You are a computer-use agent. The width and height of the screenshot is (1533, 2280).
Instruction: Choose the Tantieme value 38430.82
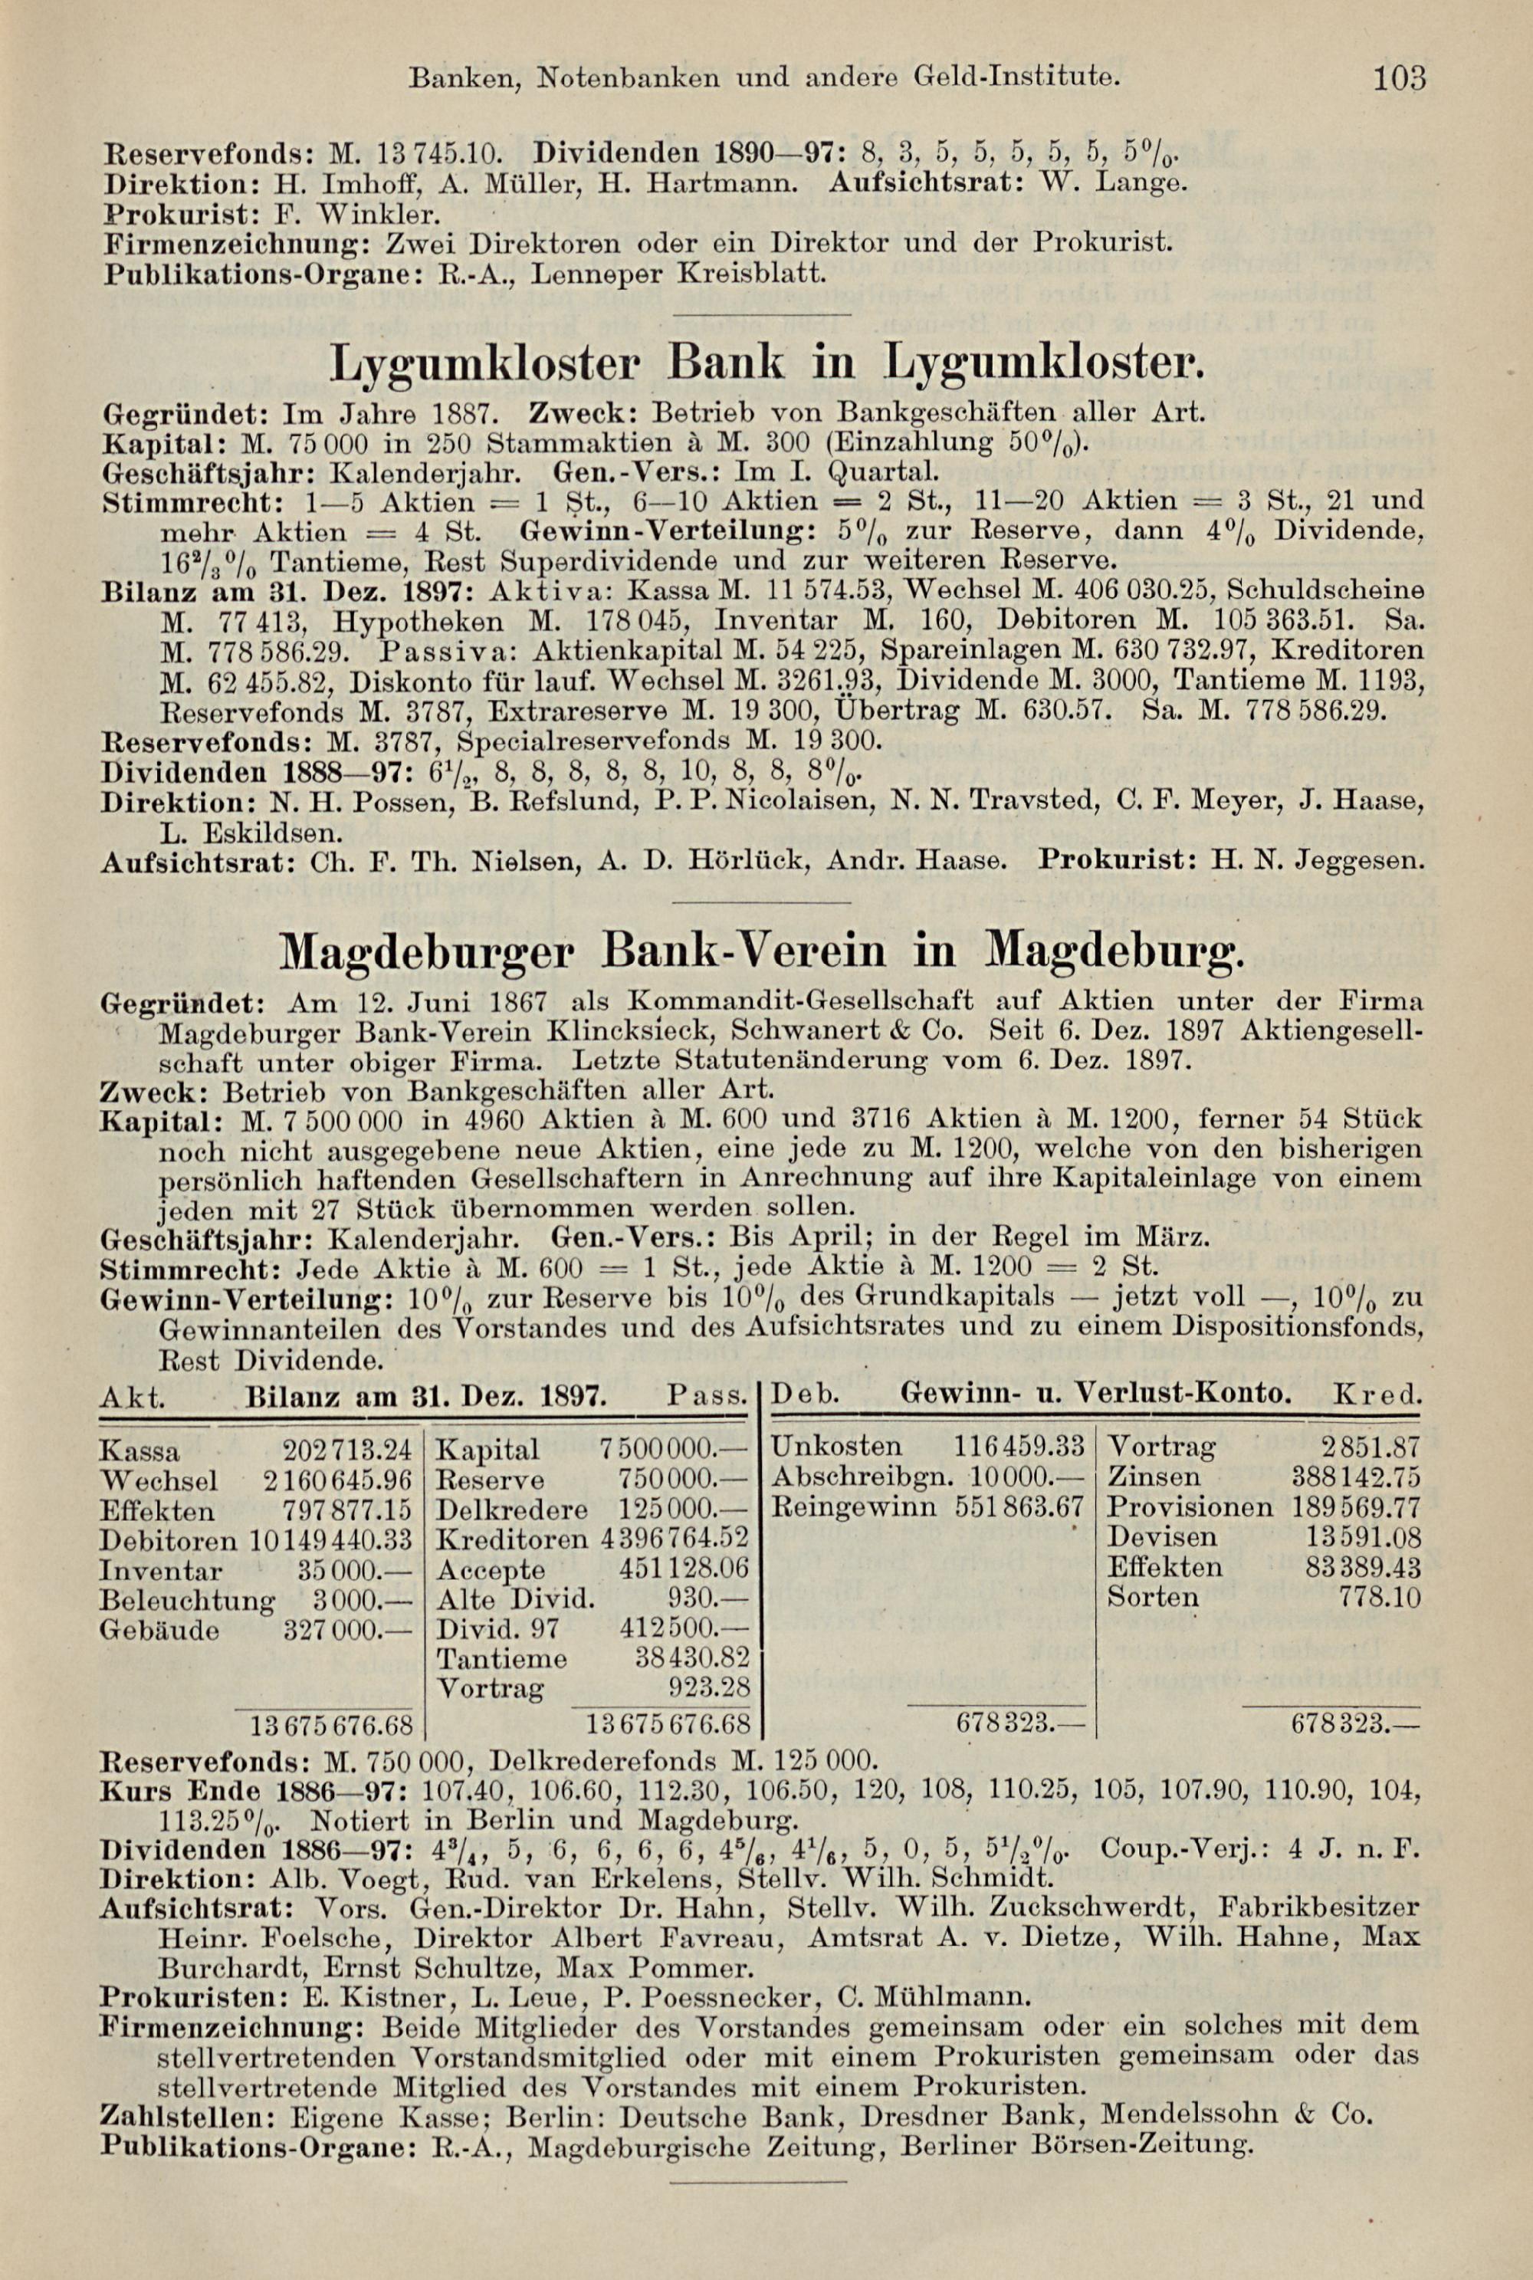691,1658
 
